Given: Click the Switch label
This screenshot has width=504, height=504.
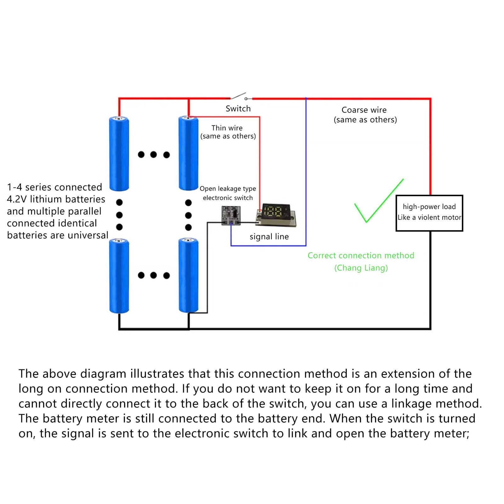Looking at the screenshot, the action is click(x=238, y=109).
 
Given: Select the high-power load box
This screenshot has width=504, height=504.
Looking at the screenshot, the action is click(x=429, y=213).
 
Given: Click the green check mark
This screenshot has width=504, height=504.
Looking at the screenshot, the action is click(x=379, y=201).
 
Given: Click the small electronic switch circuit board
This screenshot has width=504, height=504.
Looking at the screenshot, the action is click(x=231, y=215).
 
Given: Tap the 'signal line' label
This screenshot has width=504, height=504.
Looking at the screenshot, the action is click(x=269, y=237).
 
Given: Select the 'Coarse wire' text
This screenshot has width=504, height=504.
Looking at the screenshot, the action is click(x=364, y=110).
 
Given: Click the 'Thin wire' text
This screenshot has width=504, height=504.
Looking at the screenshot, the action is click(x=227, y=128).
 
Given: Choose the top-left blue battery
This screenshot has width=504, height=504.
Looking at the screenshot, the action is click(x=119, y=153).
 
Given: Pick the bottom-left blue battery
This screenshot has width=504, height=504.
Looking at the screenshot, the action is click(x=119, y=276).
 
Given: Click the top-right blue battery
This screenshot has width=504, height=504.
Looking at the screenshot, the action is click(x=188, y=153).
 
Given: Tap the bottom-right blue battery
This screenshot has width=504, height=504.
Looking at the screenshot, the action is click(x=188, y=275).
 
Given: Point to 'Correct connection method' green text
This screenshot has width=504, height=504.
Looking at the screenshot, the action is click(x=361, y=255).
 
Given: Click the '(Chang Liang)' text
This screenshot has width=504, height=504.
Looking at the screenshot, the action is click(x=361, y=268).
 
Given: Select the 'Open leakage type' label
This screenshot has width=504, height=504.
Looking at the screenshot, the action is click(x=228, y=189).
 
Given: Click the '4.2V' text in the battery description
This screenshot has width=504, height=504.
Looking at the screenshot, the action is click(x=16, y=199).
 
